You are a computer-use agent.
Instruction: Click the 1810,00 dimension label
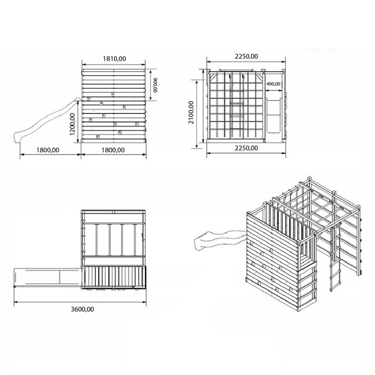coord(114,59)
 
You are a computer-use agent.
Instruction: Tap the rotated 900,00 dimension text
coord(155,85)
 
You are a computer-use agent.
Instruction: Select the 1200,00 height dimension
coord(73,124)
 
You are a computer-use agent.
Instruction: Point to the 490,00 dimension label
coord(273,84)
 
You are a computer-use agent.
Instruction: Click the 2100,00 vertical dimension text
coord(191,112)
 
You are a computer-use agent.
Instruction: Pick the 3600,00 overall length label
coord(82,309)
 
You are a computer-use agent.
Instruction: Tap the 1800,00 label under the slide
coord(48,150)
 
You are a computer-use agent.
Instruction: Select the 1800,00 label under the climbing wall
coord(113,150)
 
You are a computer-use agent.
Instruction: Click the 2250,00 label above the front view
coord(247,56)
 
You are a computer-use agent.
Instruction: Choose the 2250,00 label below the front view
coord(247,148)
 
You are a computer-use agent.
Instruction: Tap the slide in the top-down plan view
coord(48,277)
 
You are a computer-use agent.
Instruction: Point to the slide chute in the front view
coord(273,115)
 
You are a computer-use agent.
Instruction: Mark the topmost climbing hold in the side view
coord(113,94)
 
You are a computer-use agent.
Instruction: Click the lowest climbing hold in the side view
coord(98,136)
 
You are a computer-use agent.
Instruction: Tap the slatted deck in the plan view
coord(114,276)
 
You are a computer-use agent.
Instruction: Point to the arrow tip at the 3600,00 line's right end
coord(146,302)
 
